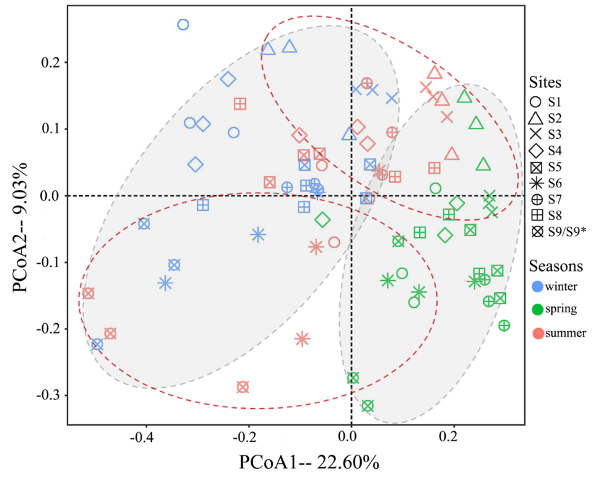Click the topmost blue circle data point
click(183, 25)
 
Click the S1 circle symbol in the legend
click(536, 102)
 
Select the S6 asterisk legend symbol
click(536, 183)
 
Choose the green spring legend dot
click(537, 309)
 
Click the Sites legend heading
click(545, 83)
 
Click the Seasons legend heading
click(556, 266)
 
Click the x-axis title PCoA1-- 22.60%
click(309, 462)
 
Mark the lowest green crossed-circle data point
click(368, 406)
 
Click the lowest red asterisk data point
click(302, 339)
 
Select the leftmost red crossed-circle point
click(88, 293)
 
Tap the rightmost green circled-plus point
click(504, 326)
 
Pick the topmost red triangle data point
click(435, 73)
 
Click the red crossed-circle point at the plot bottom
click(243, 387)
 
